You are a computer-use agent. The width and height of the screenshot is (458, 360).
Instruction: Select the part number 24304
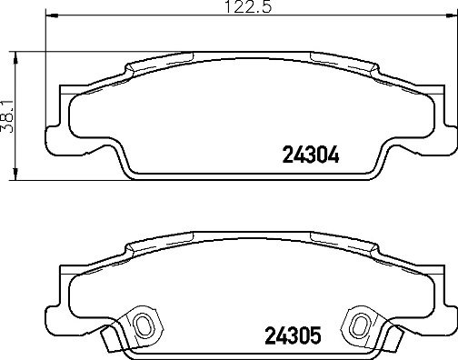tap(306, 155)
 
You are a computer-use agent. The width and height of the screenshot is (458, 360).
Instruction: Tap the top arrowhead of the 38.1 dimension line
tap(19, 55)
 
